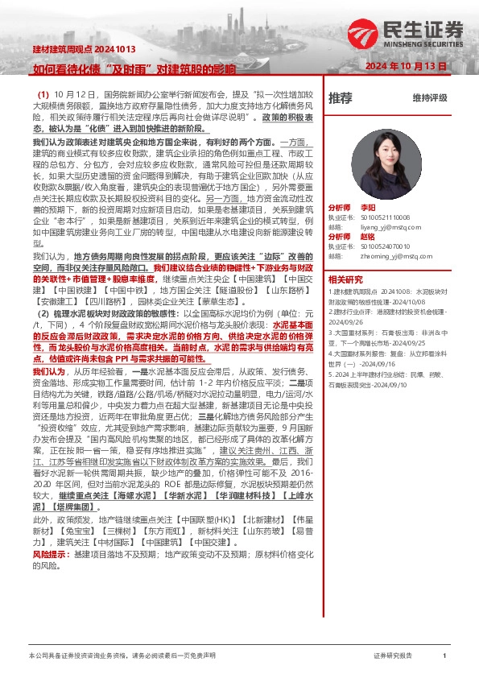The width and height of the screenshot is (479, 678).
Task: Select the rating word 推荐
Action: [x=341, y=97]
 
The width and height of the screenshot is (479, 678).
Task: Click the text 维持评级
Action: [x=429, y=98]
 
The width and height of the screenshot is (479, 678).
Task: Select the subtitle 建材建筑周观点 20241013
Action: [x=73, y=51]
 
